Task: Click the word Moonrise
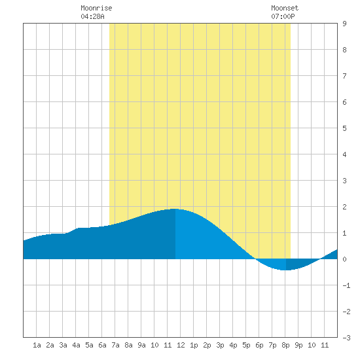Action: click(x=96, y=8)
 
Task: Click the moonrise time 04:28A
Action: click(x=92, y=16)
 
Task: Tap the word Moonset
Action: click(x=285, y=8)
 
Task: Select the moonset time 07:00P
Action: click(x=283, y=16)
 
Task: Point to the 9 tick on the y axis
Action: click(x=344, y=24)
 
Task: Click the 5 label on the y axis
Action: click(x=344, y=128)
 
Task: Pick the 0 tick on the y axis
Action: click(x=344, y=259)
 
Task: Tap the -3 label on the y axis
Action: click(x=346, y=338)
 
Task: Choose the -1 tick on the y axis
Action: click(x=346, y=285)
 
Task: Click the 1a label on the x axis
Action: click(x=37, y=345)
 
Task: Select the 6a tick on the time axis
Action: click(x=102, y=345)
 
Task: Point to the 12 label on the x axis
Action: click(x=181, y=345)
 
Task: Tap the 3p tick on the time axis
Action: click(x=220, y=345)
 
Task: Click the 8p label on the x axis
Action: click(x=285, y=345)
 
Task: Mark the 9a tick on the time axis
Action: click(x=141, y=345)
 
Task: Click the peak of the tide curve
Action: click(x=175, y=209)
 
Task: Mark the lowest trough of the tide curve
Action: click(x=285, y=270)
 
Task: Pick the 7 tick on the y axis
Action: click(x=344, y=76)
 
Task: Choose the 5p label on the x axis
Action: click(x=246, y=345)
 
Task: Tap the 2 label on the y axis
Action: click(x=344, y=207)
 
